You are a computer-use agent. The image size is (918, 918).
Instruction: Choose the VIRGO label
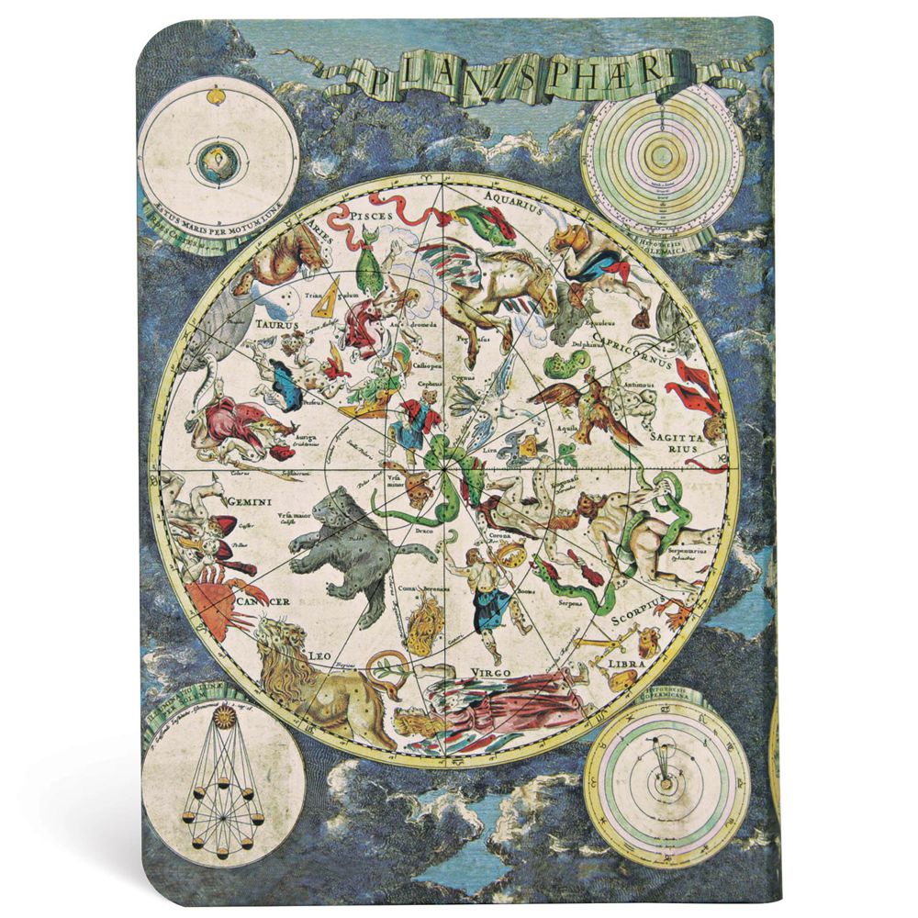495,670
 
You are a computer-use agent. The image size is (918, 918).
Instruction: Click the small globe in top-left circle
217,166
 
